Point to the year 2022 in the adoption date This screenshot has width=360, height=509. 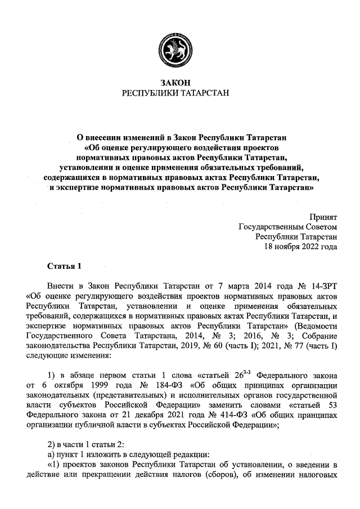point(308,246)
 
